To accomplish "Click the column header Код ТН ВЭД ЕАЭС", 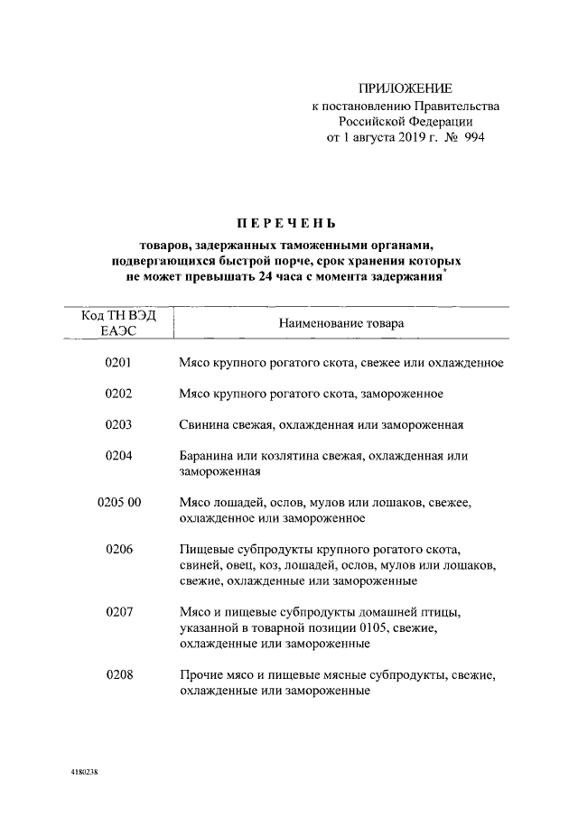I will pyautogui.click(x=118, y=322).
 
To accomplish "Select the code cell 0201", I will pyautogui.click(x=118, y=363).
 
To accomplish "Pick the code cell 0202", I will pyautogui.click(x=118, y=394).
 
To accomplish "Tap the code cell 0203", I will pyautogui.click(x=118, y=425).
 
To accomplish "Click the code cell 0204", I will pyautogui.click(x=118, y=456).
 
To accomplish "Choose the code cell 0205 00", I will pyautogui.click(x=118, y=502).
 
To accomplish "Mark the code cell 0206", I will pyautogui.click(x=118, y=549).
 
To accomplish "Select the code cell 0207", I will pyautogui.click(x=118, y=611).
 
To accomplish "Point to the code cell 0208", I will pyautogui.click(x=118, y=673).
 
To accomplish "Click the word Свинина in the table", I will pyautogui.click(x=204, y=425).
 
